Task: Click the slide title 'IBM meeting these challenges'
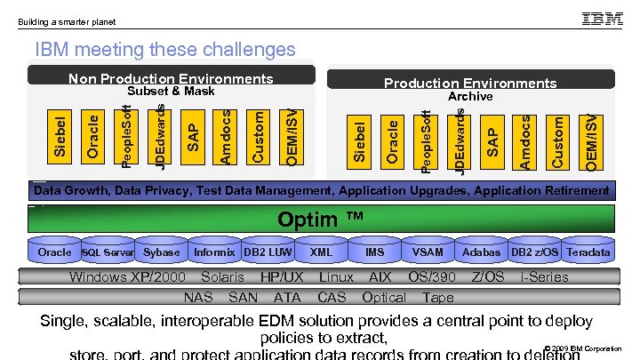[164, 49]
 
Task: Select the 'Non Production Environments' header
[171, 79]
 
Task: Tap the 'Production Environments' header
[470, 84]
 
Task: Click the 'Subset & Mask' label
[171, 92]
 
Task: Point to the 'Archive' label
[470, 96]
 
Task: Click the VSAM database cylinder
[428, 252]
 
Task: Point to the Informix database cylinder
[214, 252]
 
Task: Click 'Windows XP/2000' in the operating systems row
[127, 277]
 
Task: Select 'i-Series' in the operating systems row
[544, 277]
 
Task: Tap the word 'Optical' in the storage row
[384, 297]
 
